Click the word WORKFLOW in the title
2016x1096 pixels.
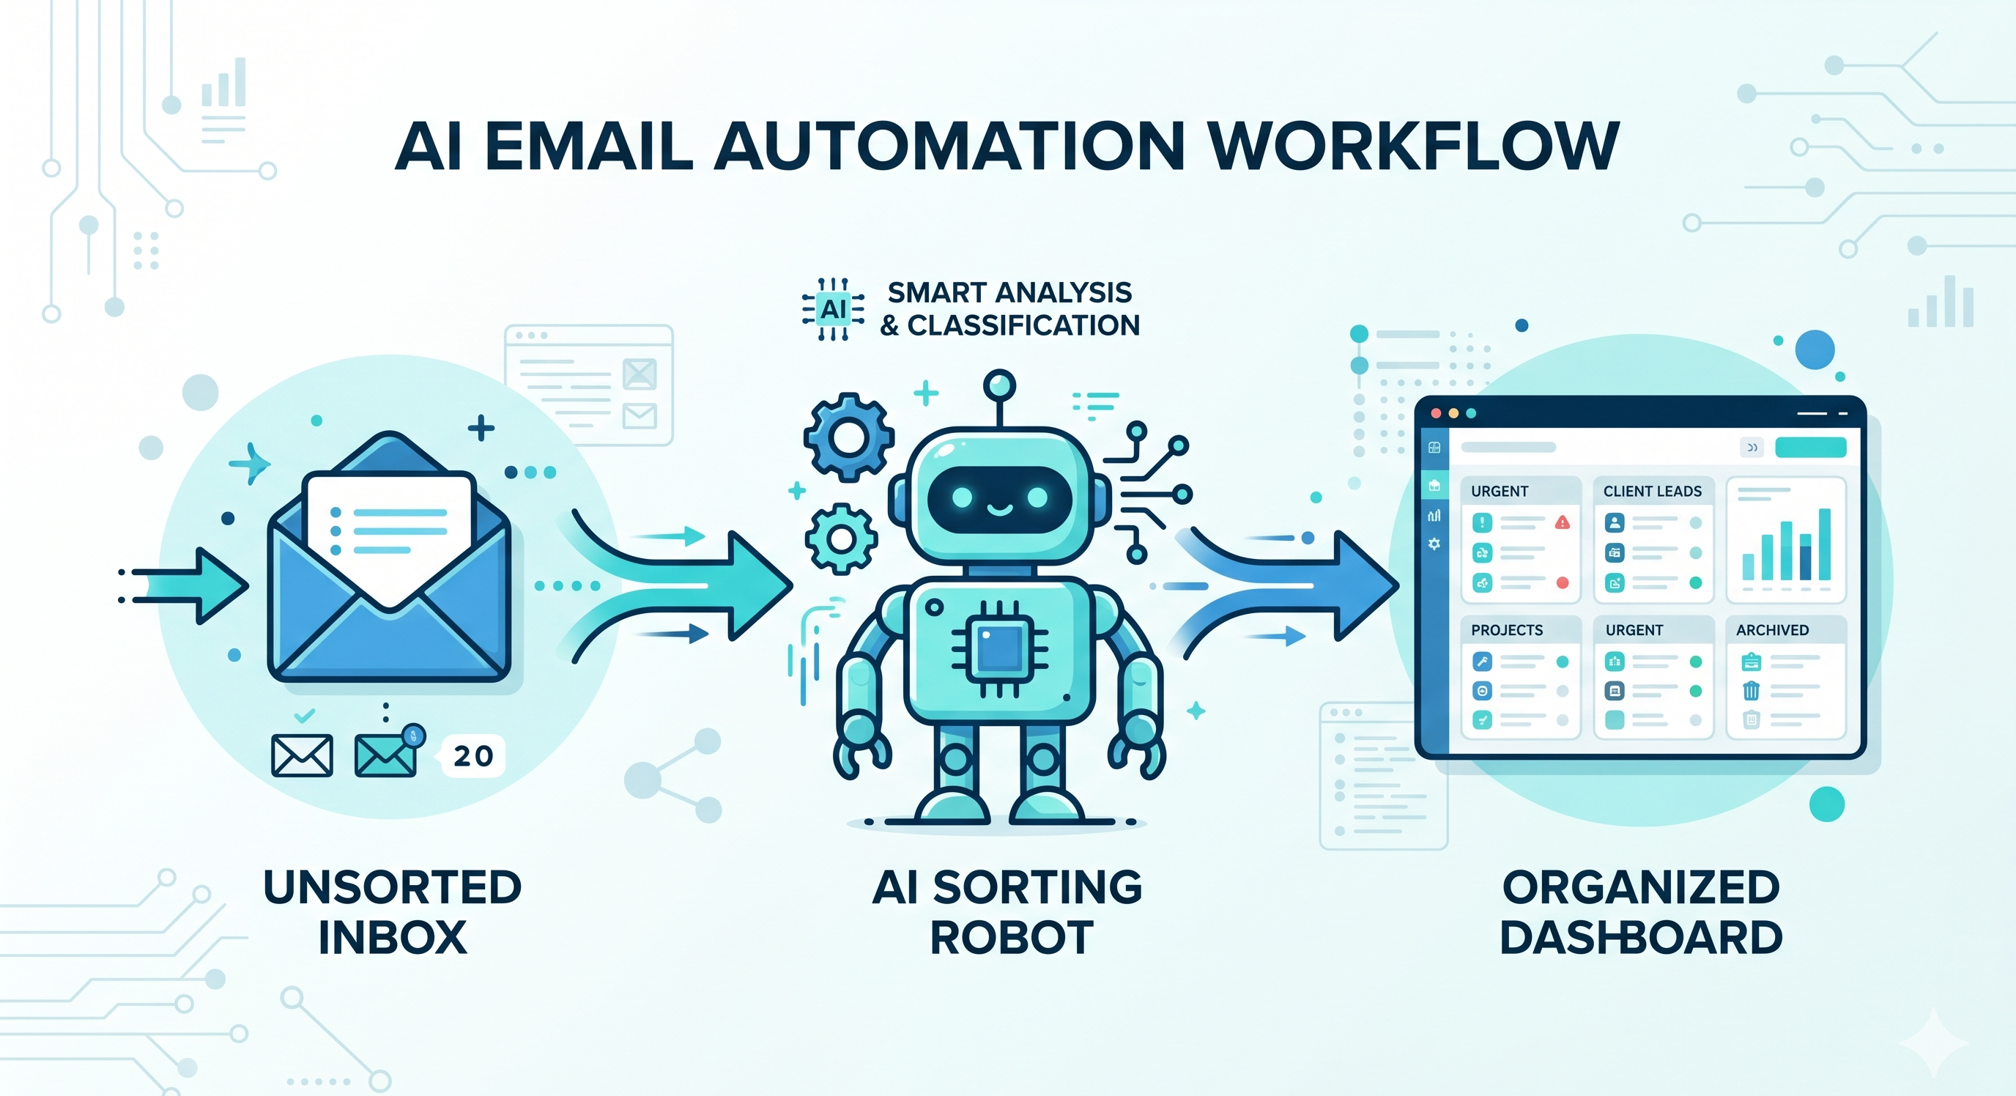(1412, 146)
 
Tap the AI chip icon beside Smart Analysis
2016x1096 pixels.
(833, 309)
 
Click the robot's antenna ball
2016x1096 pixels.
(999, 385)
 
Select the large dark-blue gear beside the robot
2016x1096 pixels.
(848, 437)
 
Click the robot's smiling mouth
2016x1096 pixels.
(999, 511)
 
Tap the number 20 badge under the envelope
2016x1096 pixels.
(473, 755)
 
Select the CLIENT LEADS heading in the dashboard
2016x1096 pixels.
(1652, 491)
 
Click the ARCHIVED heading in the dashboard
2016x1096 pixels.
(1772, 629)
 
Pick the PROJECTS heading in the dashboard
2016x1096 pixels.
(1507, 629)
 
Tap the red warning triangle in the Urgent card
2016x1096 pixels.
(1562, 522)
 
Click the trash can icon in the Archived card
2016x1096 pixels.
(1751, 689)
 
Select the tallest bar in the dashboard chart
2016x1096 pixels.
(1824, 544)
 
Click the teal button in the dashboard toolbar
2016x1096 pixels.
(1810, 447)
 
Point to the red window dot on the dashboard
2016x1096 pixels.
(1435, 412)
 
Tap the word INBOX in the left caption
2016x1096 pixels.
(392, 937)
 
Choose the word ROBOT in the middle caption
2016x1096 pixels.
(1011, 937)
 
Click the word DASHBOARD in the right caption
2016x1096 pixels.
(1640, 937)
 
